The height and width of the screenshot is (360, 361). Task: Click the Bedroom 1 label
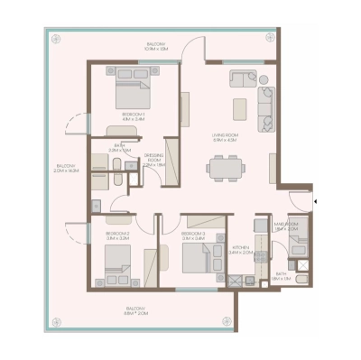134,116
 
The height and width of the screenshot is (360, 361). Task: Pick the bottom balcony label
138,312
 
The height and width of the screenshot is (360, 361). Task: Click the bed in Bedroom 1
132,92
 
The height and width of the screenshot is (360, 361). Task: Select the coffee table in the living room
240,107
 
